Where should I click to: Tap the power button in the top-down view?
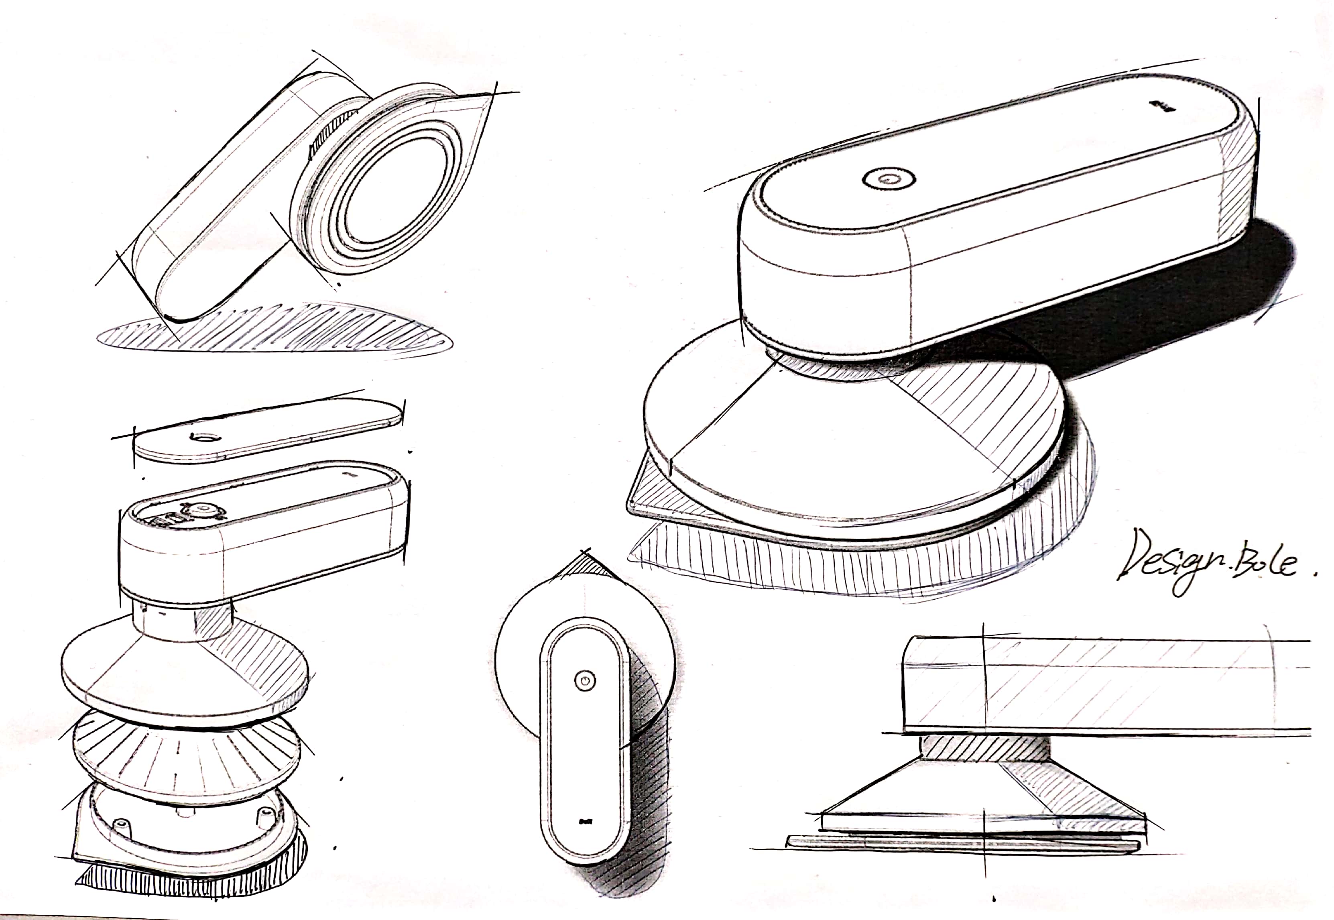tap(584, 680)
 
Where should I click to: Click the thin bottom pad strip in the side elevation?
tap(962, 843)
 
